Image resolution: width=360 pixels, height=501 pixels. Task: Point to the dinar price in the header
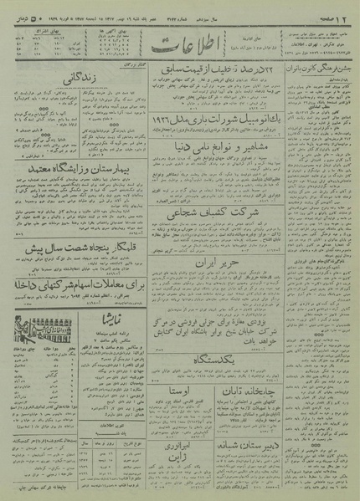click(x=19, y=8)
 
